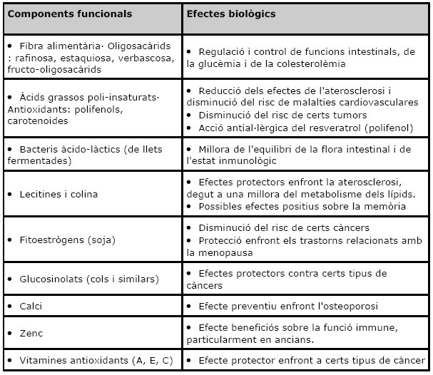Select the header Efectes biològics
pos(231,14)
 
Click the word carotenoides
pos(37,120)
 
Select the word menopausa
pos(222,252)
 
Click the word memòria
pos(381,206)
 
